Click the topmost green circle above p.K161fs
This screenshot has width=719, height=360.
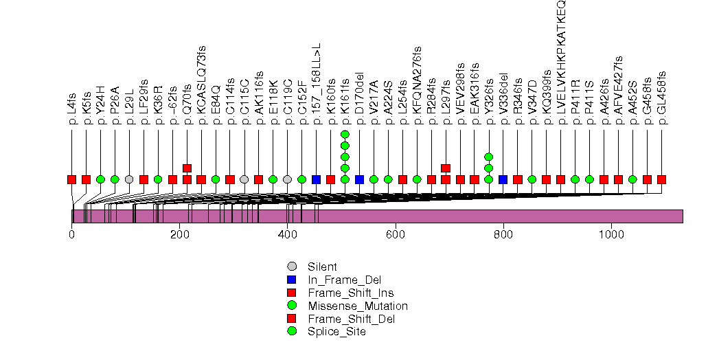click(x=345, y=134)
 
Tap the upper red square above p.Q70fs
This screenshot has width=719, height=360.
click(x=187, y=168)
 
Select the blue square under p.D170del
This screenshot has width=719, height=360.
click(x=359, y=179)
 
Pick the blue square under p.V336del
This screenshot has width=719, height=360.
click(x=503, y=179)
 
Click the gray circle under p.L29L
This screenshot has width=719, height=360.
click(x=129, y=179)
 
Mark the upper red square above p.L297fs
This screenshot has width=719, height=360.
click(x=445, y=168)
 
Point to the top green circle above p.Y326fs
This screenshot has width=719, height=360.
click(x=488, y=157)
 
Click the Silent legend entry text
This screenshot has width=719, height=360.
click(x=322, y=267)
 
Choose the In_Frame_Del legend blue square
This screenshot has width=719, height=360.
click(x=292, y=280)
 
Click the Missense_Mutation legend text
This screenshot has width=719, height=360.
click(x=357, y=306)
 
